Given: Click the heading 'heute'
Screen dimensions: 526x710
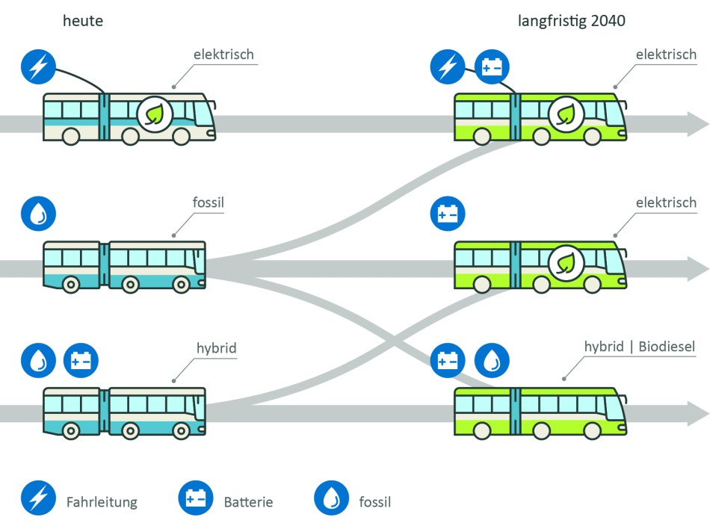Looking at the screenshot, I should pos(82,21).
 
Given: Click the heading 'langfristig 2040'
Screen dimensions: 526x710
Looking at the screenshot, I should pos(571,21).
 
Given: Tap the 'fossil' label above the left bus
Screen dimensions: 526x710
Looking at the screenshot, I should pos(209,202).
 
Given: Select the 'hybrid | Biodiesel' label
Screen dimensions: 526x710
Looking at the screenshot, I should pos(639,347).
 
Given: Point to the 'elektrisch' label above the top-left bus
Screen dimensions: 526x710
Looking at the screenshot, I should pos(223,55).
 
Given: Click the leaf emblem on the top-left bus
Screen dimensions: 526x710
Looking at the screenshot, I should pos(155,114).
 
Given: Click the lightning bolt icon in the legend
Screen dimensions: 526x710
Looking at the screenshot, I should pos(38,498).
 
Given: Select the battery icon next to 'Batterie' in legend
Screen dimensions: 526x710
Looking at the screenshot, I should pos(196,498).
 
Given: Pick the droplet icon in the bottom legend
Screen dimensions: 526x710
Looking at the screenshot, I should pos(332,498).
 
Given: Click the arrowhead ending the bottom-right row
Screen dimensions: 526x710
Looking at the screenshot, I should pos(697,412).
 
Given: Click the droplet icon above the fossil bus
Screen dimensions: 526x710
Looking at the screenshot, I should pos(38,214).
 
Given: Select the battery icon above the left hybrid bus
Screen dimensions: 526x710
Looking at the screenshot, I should pos(81,359).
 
